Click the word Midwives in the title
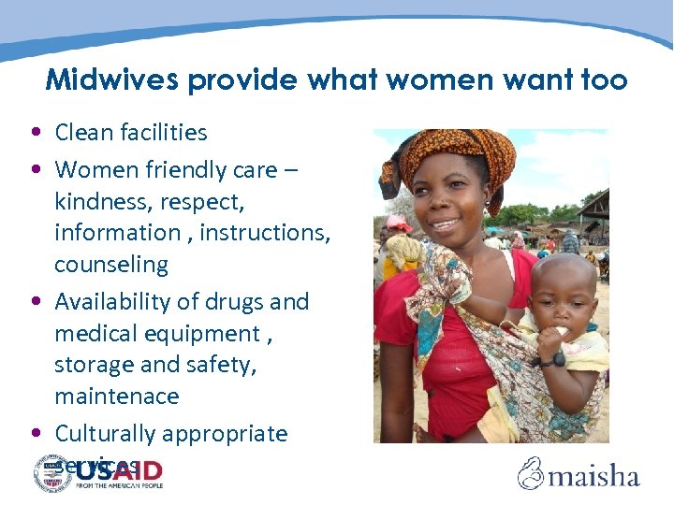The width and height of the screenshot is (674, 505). point(112,80)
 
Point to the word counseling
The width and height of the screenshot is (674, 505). point(110,265)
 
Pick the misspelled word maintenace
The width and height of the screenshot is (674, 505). point(116,397)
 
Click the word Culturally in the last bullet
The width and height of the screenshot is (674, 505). point(104,434)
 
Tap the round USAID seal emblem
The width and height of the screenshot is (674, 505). point(53,473)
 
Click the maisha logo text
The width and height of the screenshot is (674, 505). point(594,476)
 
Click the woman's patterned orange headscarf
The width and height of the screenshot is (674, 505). point(449,154)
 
